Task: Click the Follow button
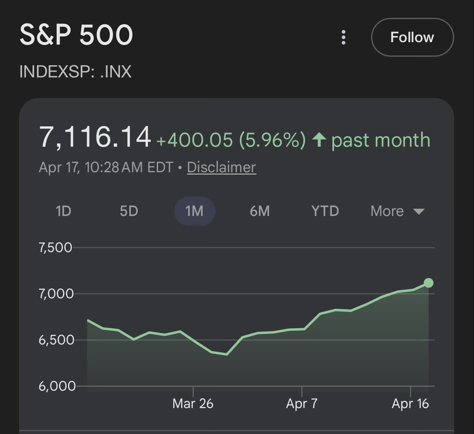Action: click(x=412, y=37)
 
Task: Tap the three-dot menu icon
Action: click(x=344, y=37)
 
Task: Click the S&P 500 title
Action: click(x=76, y=35)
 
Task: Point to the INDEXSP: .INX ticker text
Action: click(x=75, y=72)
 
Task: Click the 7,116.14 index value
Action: click(x=95, y=137)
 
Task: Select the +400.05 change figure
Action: click(x=194, y=140)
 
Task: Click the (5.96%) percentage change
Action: click(x=272, y=140)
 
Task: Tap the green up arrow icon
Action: click(x=319, y=140)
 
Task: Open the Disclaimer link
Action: click(x=221, y=167)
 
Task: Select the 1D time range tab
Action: click(x=63, y=211)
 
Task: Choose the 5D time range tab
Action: click(x=129, y=211)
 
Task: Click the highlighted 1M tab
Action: click(x=194, y=211)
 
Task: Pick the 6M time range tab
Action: click(x=260, y=211)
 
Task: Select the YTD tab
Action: click(x=325, y=211)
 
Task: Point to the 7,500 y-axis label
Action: click(x=56, y=248)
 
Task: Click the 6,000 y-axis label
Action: click(x=57, y=386)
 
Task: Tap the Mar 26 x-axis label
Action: click(x=193, y=404)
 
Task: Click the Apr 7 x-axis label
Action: click(x=302, y=404)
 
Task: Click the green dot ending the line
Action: click(x=428, y=283)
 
